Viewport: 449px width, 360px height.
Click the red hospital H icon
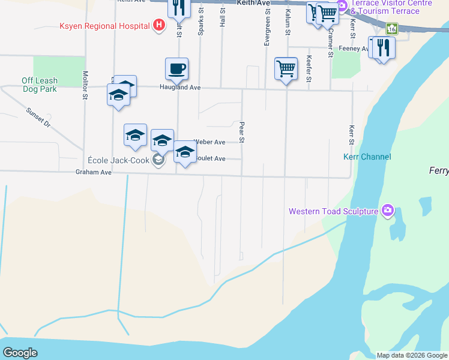(159, 25)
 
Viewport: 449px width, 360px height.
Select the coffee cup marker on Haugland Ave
(177, 69)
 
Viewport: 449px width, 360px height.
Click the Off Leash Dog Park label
(40, 85)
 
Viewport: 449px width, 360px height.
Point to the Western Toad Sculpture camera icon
(388, 210)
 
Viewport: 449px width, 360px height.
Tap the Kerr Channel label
(367, 157)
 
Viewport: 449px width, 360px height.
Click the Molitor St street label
(85, 82)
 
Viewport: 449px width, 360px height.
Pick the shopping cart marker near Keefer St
(286, 69)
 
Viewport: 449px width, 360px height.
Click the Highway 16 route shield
(391, 28)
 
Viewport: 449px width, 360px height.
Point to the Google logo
(20, 353)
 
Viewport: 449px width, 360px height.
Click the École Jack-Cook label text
(118, 160)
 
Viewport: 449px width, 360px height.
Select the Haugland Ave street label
(179, 88)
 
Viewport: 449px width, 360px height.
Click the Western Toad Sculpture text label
(333, 211)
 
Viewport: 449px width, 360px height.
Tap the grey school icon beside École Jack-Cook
(158, 160)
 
